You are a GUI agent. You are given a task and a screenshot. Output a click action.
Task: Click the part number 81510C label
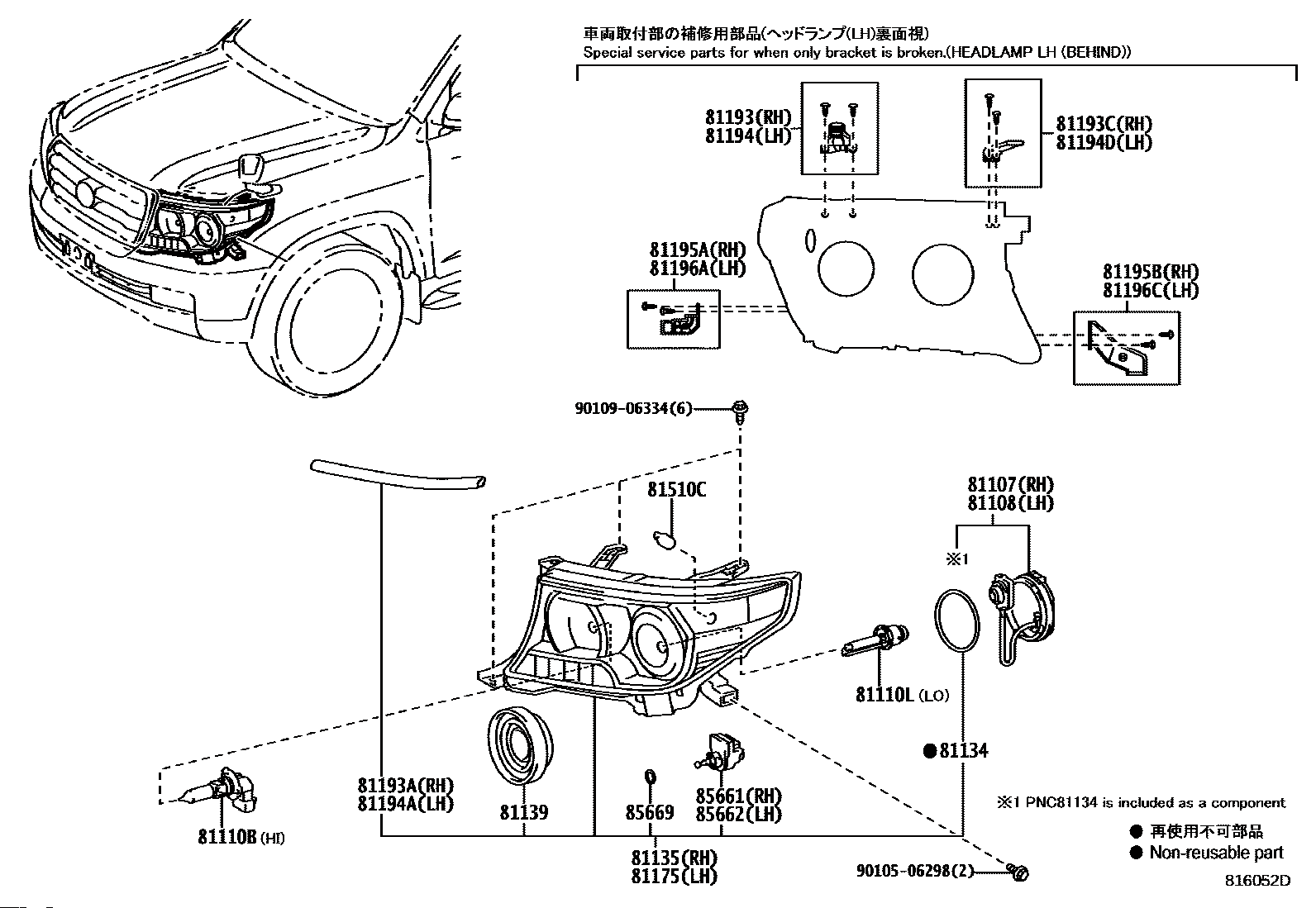click(677, 489)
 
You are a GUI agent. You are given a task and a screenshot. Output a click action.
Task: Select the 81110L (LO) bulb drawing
click(875, 640)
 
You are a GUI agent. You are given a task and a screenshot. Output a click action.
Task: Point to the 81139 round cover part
click(521, 746)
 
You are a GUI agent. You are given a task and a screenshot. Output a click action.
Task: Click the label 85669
click(649, 812)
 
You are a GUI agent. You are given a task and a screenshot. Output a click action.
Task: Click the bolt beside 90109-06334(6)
click(741, 412)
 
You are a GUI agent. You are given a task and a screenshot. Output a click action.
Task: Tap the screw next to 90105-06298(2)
click(1018, 872)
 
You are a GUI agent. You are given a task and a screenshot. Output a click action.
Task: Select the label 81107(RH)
click(1010, 484)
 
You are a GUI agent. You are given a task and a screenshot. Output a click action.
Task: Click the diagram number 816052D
click(1258, 881)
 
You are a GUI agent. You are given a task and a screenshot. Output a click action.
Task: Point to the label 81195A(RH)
click(698, 250)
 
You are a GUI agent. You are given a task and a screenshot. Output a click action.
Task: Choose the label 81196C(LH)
click(1151, 290)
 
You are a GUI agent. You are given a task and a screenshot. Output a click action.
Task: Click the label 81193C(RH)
click(1104, 124)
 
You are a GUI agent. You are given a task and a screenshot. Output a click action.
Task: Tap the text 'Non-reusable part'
click(1216, 852)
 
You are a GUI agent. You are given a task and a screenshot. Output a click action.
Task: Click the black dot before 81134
click(929, 750)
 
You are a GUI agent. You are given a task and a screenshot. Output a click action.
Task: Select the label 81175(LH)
click(675, 877)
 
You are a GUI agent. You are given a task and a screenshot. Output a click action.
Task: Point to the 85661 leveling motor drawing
click(720, 752)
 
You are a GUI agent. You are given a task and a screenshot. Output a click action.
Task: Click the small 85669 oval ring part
click(650, 777)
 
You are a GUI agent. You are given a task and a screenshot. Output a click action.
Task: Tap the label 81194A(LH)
click(406, 803)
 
